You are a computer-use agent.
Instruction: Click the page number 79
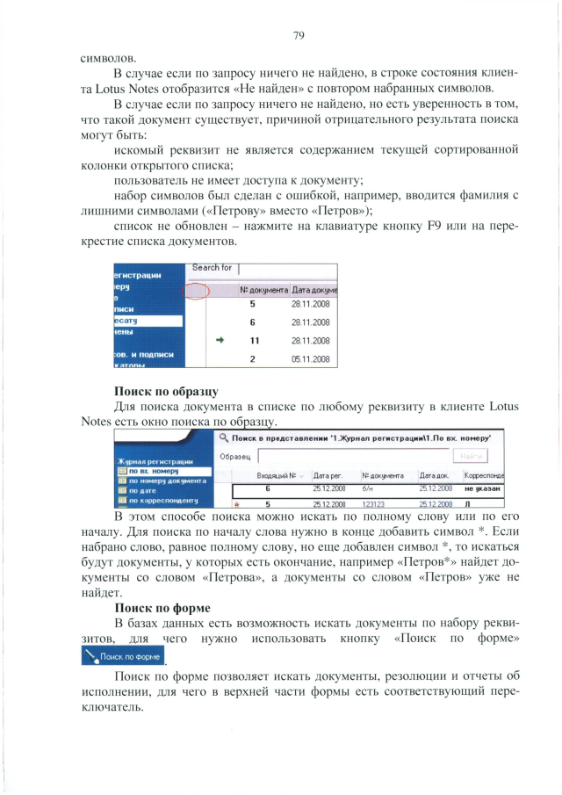coord(298,35)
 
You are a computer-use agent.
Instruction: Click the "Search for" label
coord(212,267)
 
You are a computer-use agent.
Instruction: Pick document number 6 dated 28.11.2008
coord(252,322)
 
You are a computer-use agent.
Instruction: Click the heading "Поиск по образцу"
coord(166,390)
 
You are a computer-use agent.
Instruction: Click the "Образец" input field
coord(351,457)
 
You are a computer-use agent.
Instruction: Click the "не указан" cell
coord(484,488)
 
